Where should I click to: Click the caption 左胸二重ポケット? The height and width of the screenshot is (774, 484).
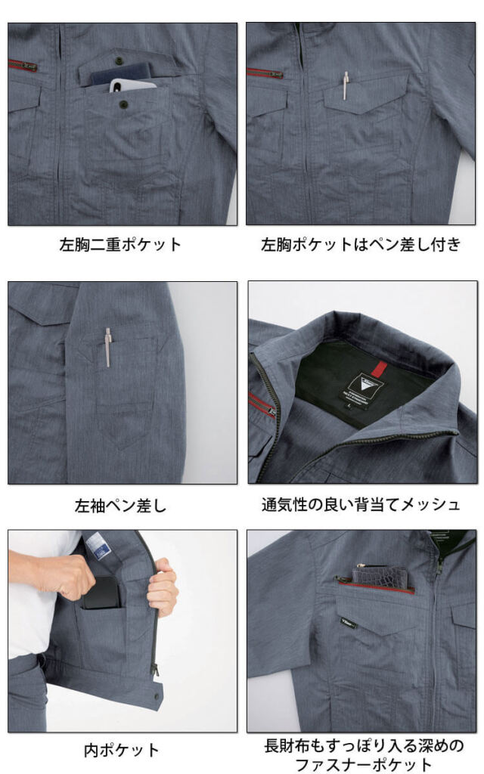120,244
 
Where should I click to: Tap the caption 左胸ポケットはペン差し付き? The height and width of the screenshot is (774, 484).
361,244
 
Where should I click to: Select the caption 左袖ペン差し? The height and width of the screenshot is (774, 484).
120,506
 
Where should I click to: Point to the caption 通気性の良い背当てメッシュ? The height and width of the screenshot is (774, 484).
361,504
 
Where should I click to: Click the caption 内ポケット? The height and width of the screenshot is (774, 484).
121,751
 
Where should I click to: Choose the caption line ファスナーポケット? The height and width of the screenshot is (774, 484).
364,765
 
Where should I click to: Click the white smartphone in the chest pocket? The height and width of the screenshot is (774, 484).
132,85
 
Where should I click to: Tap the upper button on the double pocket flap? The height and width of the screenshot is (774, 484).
119,60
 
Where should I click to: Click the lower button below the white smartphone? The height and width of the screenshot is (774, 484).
123,104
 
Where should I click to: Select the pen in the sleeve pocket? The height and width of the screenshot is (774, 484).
108,347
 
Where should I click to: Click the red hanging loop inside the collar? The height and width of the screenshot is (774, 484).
380,367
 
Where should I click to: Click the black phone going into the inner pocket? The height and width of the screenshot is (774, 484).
102,593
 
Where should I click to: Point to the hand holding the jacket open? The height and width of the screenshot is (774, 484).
163,587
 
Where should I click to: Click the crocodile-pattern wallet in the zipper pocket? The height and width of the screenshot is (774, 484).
380,578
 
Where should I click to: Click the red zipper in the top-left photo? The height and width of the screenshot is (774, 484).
23,65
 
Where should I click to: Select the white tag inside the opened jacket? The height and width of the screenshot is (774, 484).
96,546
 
